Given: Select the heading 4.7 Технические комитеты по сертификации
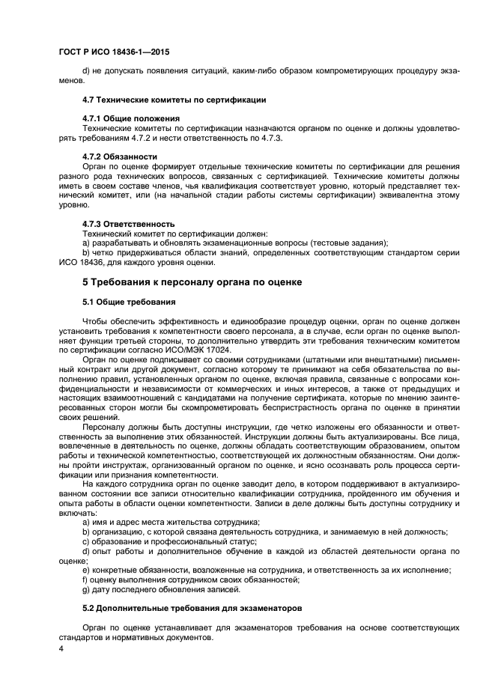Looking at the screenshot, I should click(174, 100).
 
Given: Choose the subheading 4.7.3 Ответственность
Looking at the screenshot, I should click(128, 224).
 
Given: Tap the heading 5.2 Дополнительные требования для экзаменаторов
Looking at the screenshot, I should click(192, 609).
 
